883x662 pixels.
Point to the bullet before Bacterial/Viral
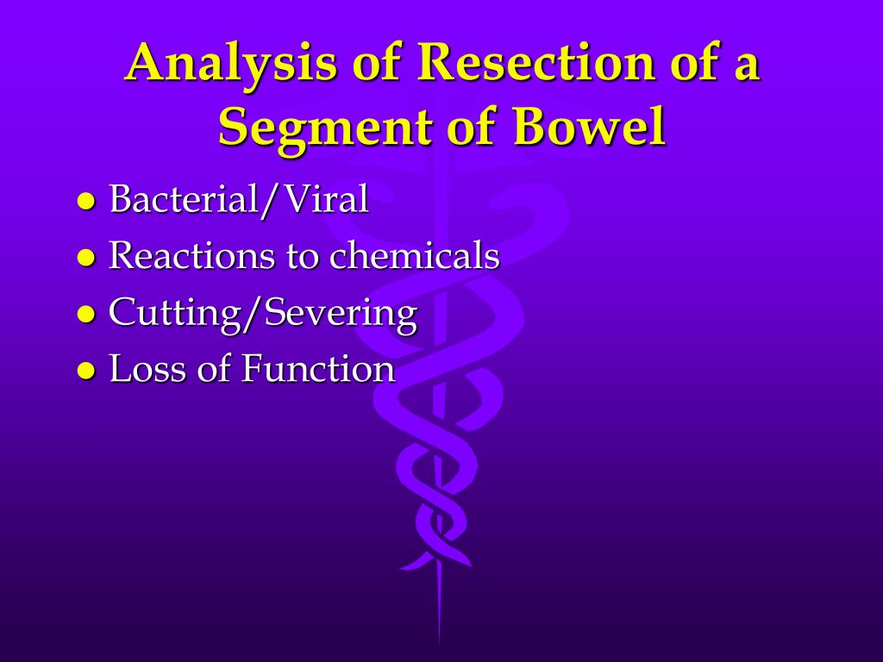[85, 201]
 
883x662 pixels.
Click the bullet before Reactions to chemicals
[85, 257]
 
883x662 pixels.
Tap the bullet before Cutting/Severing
[85, 314]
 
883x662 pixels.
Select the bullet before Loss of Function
[85, 370]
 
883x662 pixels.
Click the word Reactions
[191, 255]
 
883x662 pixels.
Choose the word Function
[318, 369]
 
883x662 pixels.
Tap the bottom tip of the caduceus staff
[439, 642]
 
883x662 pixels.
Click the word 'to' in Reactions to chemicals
[303, 256]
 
